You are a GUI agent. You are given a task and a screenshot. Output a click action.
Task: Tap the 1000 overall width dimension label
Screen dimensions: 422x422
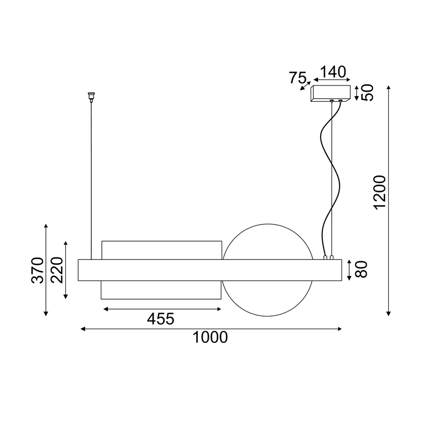coord(210,338)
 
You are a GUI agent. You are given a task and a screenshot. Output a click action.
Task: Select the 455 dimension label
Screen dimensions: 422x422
coord(160,318)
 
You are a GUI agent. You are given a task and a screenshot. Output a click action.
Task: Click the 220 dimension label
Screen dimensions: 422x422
coord(56,270)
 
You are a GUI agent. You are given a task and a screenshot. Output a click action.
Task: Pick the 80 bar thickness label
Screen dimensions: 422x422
coord(361,270)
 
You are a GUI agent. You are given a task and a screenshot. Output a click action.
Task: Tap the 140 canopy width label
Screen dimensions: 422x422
coord(331,71)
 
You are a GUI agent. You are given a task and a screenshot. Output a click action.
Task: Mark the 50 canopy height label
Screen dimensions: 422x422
coord(368,93)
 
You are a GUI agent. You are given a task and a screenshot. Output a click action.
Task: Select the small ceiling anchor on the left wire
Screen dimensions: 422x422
coord(91,96)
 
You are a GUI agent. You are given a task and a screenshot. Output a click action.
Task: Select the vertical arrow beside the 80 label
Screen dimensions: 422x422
coord(349,270)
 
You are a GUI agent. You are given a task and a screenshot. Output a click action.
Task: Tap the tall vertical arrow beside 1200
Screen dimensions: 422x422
coord(389,200)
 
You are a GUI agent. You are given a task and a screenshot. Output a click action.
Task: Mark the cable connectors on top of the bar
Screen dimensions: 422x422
coord(328,257)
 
